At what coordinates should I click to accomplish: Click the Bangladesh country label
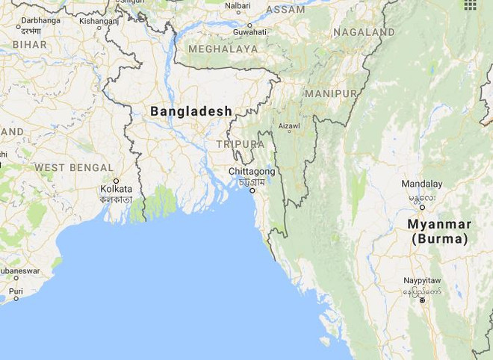190,111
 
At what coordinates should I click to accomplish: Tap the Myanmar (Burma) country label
438,232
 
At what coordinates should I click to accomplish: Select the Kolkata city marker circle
116,181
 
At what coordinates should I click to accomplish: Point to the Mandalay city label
421,184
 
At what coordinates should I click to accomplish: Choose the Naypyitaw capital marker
422,300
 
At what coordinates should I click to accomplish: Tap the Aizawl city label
288,128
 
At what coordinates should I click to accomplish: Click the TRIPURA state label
240,143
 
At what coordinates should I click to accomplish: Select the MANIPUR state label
330,94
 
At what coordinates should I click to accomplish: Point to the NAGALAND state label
364,33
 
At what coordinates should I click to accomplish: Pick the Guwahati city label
249,33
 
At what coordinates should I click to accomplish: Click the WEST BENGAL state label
74,167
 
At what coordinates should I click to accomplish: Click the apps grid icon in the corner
470,5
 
